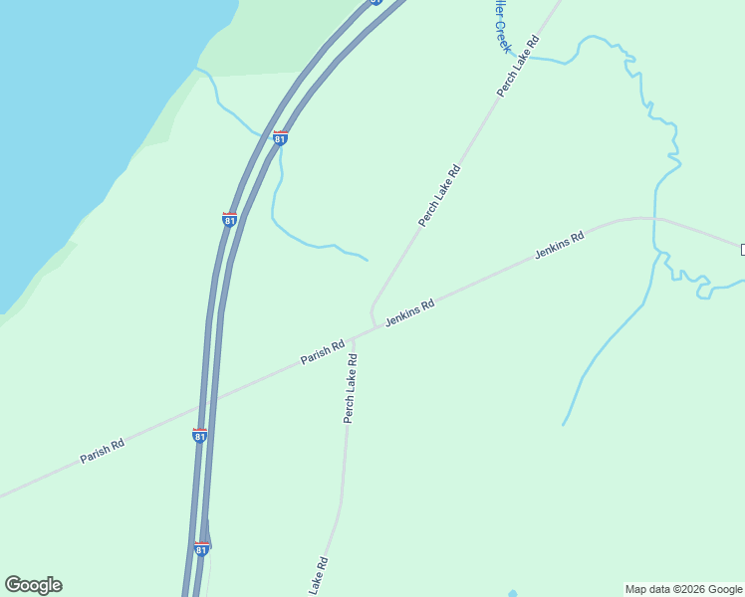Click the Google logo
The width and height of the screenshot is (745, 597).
click(34, 585)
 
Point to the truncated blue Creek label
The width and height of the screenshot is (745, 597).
click(498, 26)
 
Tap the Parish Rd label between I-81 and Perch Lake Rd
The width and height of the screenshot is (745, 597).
click(323, 351)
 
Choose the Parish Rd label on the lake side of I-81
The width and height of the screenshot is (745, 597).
click(103, 451)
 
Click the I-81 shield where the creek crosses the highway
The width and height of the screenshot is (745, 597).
click(281, 138)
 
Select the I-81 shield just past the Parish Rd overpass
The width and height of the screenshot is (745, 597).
click(200, 436)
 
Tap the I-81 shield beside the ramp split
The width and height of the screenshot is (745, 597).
click(201, 548)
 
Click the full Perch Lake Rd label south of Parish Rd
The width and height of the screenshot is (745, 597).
click(350, 388)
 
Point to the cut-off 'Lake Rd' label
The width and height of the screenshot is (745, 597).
click(318, 576)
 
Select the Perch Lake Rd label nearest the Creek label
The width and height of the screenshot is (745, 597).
click(518, 66)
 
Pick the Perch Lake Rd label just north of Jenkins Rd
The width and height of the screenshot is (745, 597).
click(440, 195)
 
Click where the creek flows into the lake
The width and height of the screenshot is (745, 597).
click(196, 69)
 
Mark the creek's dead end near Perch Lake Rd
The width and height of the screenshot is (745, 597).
click(368, 261)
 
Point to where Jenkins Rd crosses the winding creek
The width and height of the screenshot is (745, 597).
click(654, 217)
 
